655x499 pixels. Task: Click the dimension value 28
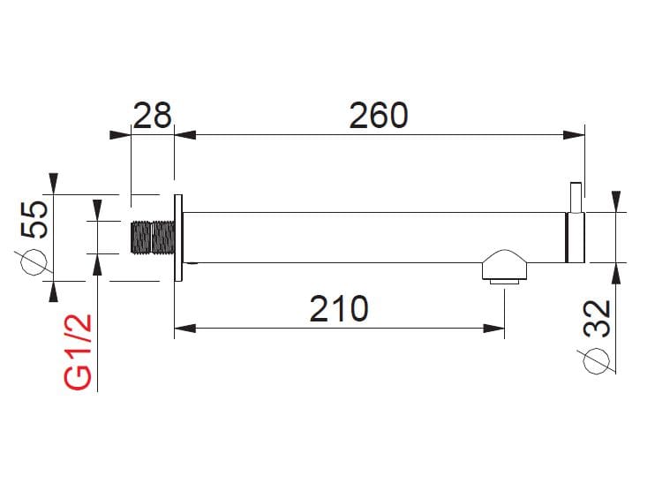pyautogui.click(x=152, y=116)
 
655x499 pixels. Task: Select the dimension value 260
pyautogui.click(x=379, y=116)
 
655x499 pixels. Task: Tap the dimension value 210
pyautogui.click(x=339, y=309)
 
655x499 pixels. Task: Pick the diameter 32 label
pyautogui.click(x=598, y=318)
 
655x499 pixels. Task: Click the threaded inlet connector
pyautogui.click(x=152, y=237)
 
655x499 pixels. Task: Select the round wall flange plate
pyautogui.click(x=177, y=237)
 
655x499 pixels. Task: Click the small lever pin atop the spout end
pyautogui.click(x=576, y=196)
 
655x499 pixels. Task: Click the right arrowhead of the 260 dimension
pyautogui.click(x=576, y=135)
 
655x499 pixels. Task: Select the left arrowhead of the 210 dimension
pyautogui.click(x=184, y=329)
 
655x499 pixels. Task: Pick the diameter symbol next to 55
pyautogui.click(x=34, y=263)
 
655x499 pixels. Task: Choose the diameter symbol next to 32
pyautogui.click(x=598, y=359)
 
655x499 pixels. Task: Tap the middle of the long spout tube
pyautogui.click(x=371, y=237)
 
